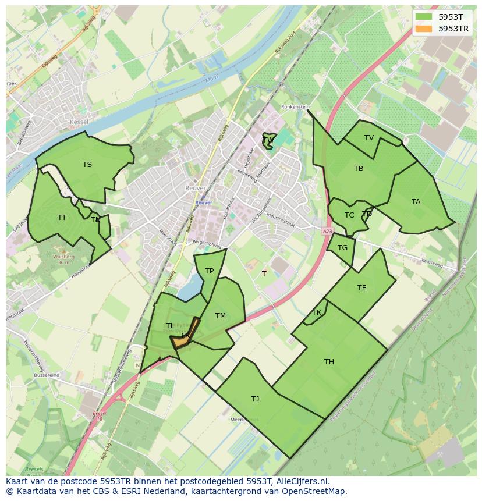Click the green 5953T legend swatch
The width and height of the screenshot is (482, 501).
424,17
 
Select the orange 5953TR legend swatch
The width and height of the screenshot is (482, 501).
424,29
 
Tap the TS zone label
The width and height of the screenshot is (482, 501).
87,165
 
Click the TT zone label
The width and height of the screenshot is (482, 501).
62,218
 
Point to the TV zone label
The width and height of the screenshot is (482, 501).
369,138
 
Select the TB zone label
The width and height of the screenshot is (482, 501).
359,169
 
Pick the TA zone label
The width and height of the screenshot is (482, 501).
416,202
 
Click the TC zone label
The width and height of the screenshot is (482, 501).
349,215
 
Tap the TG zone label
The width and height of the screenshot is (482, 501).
342,248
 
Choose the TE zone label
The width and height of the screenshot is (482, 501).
362,288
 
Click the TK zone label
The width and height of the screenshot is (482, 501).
317,312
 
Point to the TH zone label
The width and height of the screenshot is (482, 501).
329,362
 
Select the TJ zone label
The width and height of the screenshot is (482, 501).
256,399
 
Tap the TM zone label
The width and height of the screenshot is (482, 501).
221,316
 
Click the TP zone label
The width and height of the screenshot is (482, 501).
209,271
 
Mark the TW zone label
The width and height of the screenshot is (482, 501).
268,140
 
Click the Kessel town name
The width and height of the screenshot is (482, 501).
78,122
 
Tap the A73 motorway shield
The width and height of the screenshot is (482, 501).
327,232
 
